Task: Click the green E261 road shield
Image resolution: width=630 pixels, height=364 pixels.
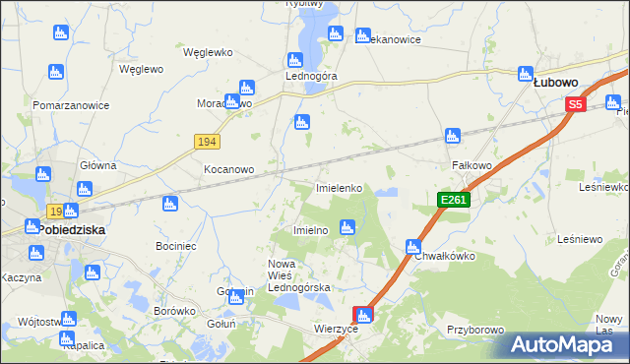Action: [x=454, y=200]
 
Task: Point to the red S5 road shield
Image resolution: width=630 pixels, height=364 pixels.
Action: [x=576, y=103]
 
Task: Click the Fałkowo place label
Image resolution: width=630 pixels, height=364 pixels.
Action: [x=472, y=166]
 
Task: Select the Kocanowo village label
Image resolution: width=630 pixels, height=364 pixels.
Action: [x=228, y=169]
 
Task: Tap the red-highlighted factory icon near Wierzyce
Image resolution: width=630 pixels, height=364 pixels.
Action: [x=364, y=316]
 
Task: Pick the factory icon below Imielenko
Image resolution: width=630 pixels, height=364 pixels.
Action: [x=346, y=228]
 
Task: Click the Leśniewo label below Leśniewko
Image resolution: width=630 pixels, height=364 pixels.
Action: [x=580, y=239]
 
